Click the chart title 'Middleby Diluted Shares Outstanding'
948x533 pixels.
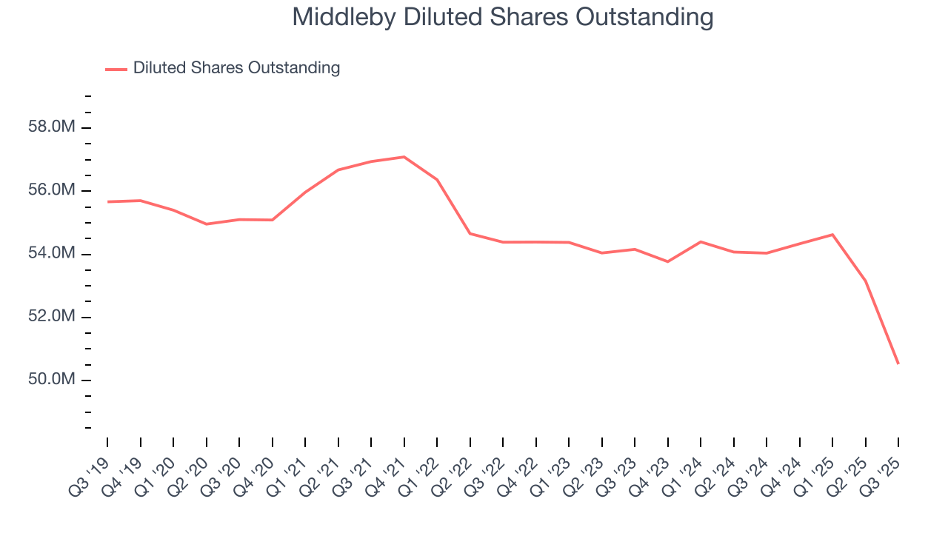coord(503,17)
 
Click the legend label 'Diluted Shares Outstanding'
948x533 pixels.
coord(236,68)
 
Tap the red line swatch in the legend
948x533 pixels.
coord(116,69)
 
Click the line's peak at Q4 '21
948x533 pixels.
coord(404,157)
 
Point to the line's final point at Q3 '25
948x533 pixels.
coord(898,363)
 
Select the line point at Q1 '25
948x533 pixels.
coord(832,235)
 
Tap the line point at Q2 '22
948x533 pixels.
coord(470,234)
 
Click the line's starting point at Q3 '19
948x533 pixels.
coord(107,201)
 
